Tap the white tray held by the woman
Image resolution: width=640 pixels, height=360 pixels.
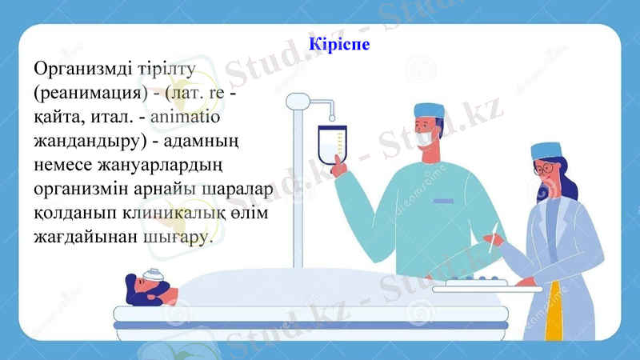click(487, 287)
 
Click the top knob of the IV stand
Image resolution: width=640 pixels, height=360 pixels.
click(298, 101)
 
